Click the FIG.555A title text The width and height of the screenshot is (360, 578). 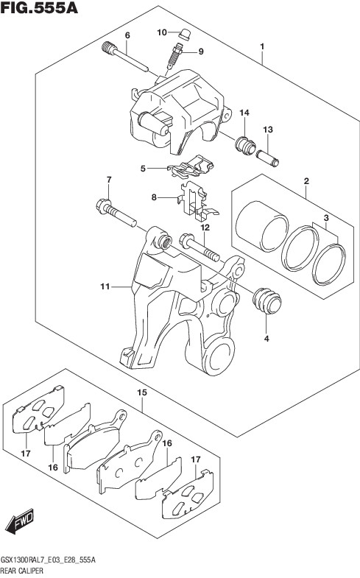tap(40, 8)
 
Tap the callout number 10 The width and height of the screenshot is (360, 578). tap(162, 32)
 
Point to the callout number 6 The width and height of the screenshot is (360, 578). tap(127, 35)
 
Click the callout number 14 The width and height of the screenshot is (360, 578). tap(244, 113)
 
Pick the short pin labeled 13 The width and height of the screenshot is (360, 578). tap(268, 158)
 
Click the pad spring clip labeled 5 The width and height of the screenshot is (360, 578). tap(191, 166)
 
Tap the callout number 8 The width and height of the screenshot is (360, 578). tap(154, 197)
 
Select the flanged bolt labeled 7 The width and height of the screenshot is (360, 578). tap(116, 213)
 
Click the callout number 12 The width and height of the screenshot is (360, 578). tap(205, 228)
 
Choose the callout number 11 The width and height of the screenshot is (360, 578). tap(105, 286)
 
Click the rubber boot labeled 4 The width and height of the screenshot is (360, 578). tap(267, 300)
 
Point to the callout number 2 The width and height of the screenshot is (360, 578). tap(306, 181)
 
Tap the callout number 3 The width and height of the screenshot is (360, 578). tap(326, 218)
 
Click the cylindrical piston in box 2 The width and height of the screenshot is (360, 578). tap(262, 225)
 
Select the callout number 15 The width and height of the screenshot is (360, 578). tap(142, 392)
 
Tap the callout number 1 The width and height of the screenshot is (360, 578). tap(262, 46)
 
